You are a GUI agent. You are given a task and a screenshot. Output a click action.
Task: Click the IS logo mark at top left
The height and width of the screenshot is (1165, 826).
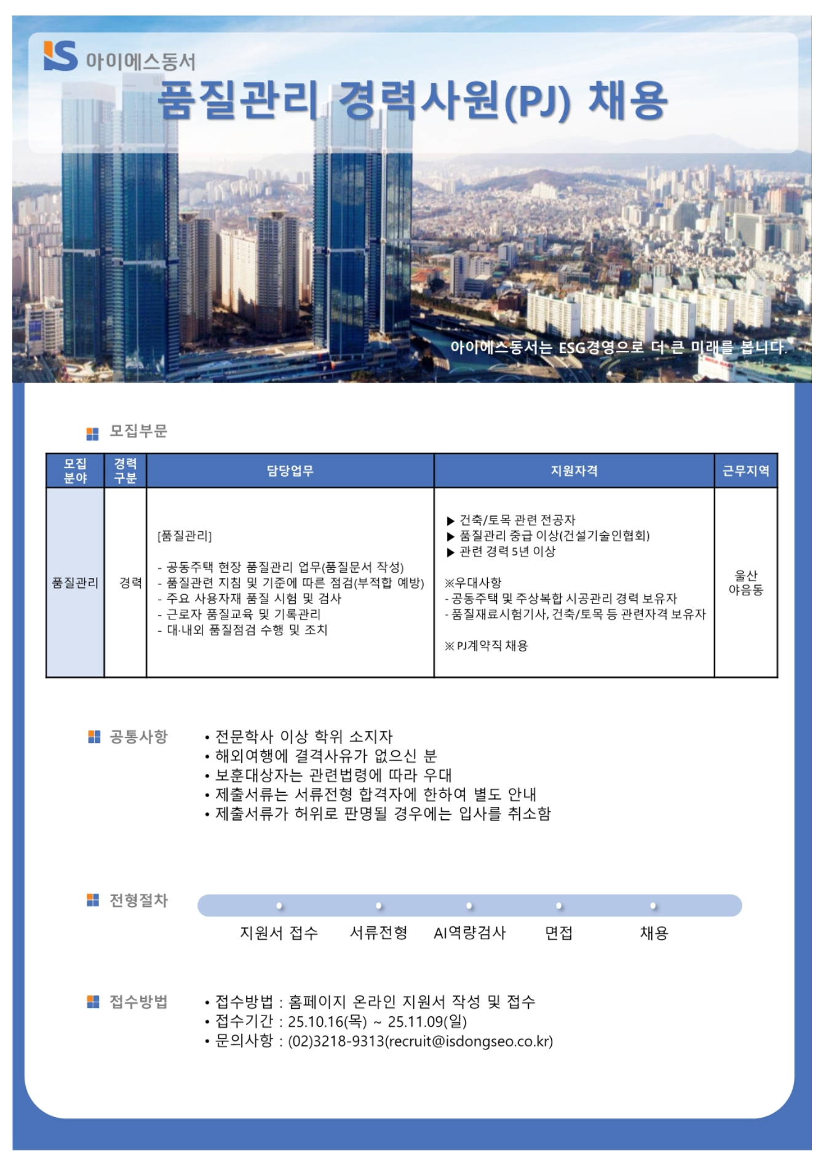[60, 56]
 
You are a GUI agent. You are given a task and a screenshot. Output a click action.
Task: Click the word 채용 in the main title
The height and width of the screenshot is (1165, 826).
[627, 100]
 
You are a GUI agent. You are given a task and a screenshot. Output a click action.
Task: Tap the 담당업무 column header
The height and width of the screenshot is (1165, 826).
[290, 471]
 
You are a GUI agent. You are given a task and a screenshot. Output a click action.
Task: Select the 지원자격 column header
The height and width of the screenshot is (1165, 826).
[574, 471]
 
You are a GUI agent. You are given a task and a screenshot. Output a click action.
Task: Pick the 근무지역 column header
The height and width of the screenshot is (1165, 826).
[745, 471]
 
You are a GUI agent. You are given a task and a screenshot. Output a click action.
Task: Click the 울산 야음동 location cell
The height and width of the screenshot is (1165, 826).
[745, 582]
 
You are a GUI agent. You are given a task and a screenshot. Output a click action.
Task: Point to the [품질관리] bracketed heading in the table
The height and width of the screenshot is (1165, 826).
[185, 536]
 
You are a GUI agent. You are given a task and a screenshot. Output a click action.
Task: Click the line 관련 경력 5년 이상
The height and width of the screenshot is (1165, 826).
[507, 552]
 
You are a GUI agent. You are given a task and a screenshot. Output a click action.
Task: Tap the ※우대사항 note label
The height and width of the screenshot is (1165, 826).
[473, 582]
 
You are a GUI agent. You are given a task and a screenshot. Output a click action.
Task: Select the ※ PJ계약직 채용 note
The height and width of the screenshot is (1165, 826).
[486, 646]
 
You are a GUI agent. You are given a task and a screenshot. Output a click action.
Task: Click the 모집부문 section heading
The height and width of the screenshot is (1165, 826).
[138, 431]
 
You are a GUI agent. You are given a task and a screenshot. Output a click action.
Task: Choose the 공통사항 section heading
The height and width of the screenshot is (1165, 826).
[138, 737]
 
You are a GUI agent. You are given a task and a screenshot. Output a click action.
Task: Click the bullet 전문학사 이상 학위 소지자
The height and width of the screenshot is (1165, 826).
[303, 737]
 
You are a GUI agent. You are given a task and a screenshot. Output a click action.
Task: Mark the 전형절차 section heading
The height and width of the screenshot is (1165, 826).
[138, 901]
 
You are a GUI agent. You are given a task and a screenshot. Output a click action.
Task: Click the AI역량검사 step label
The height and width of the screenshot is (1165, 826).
[469, 933]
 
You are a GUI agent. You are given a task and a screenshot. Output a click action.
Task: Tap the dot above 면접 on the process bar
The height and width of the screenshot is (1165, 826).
[559, 906]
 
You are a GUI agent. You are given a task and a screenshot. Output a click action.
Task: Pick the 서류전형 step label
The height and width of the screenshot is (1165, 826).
[378, 933]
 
